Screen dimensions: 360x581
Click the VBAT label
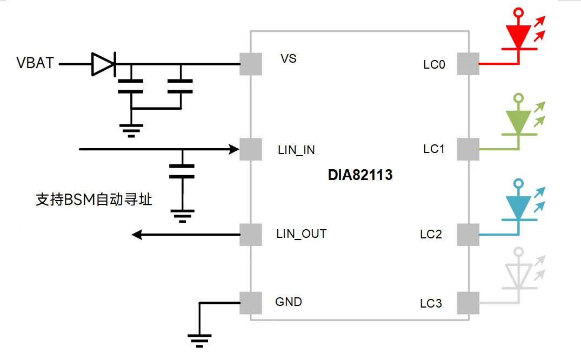36,63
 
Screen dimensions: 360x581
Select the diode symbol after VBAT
103,64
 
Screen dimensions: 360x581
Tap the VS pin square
250,64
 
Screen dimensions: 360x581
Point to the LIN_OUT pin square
250,234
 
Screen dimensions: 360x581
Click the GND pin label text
289,302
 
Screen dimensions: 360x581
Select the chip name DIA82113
360,175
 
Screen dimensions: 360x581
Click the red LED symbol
518,36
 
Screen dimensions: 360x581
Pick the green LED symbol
518,121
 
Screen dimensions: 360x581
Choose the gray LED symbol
518,275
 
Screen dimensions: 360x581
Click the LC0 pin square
468,64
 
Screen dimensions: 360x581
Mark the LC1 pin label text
434,149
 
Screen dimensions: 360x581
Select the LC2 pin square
468,235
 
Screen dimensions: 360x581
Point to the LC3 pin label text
431,304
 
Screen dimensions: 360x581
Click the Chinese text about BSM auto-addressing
94,200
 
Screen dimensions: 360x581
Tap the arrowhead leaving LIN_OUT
138,234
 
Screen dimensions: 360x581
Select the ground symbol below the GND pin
199,339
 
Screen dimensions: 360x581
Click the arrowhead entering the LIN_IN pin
233,149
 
